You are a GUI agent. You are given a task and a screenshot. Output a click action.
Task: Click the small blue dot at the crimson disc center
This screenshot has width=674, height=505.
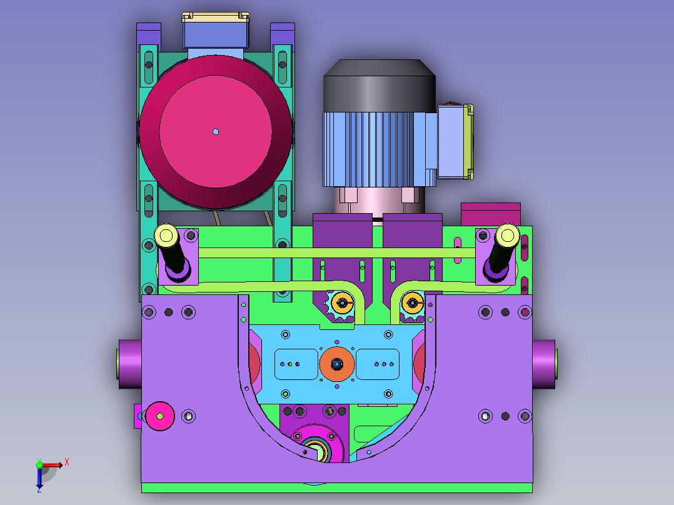click(x=216, y=131)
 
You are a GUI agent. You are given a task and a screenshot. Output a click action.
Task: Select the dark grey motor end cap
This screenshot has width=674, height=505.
click(x=379, y=86)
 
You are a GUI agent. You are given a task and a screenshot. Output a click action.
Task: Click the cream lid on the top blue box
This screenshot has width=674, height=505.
click(x=215, y=17)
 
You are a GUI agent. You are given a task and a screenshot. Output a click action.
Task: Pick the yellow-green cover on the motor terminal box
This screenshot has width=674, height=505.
click(x=468, y=142)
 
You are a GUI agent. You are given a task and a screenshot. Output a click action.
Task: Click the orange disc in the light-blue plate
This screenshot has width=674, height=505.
click(x=337, y=364)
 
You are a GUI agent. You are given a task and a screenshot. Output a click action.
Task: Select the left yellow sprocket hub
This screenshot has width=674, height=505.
click(x=343, y=303)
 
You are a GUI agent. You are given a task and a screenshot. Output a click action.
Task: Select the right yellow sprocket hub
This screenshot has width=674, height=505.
click(x=412, y=303)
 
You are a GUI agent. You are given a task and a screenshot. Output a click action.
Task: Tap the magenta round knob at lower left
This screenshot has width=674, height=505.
click(x=160, y=416)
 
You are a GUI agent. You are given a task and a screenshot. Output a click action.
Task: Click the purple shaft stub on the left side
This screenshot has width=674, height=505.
click(x=130, y=364)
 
